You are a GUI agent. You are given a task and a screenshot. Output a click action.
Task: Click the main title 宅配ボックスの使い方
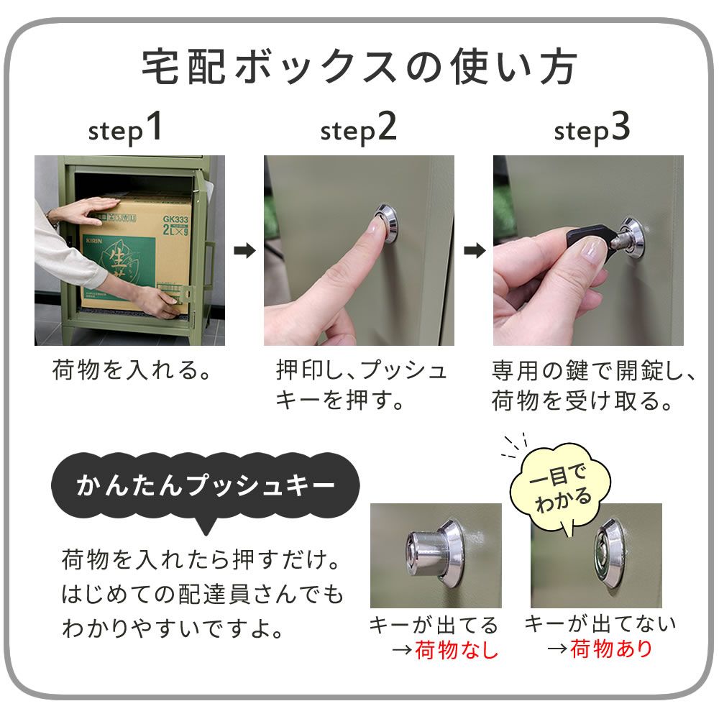click(x=359, y=68)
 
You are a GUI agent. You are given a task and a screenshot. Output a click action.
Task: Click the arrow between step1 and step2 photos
click(x=244, y=251)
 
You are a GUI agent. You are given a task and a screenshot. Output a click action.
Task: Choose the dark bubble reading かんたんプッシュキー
click(x=205, y=486)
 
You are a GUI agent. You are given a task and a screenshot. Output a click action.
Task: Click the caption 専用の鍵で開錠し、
click(x=594, y=371)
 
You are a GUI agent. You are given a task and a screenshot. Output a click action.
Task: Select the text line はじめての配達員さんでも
click(x=202, y=596)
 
